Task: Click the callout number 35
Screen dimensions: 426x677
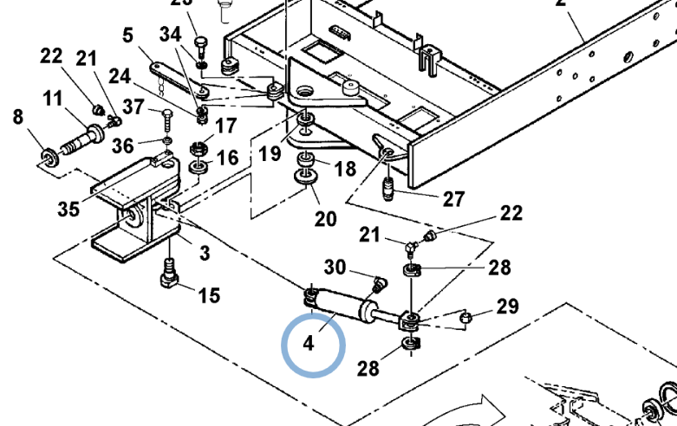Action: click(68, 209)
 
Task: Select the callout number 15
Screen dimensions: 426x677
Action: click(208, 296)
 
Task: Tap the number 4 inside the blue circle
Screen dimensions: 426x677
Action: click(309, 344)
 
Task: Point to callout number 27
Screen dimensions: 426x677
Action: click(453, 199)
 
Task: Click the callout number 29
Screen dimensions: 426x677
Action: click(507, 307)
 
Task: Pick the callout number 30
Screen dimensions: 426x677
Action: click(335, 267)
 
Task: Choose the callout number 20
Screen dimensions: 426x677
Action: click(325, 218)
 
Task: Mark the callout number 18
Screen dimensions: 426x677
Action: click(345, 168)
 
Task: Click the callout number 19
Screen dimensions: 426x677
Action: click(270, 154)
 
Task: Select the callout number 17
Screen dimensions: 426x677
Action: click(225, 126)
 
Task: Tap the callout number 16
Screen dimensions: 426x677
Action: click(226, 157)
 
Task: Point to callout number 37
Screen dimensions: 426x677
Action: click(133, 107)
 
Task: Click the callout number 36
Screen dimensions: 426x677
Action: click(122, 145)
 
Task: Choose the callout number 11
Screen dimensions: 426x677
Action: click(53, 99)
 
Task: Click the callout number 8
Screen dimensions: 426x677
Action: click(19, 116)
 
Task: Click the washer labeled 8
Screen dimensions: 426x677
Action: click(47, 158)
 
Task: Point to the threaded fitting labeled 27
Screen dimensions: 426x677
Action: click(387, 186)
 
